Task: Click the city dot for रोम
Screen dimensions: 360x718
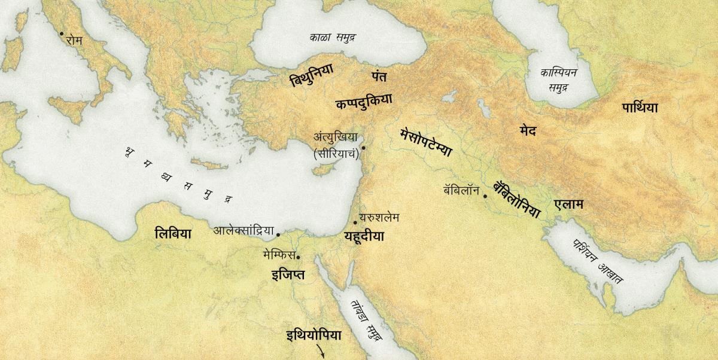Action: (x=61, y=33)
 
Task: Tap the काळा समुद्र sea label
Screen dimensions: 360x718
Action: (x=333, y=37)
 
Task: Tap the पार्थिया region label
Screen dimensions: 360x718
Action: (x=640, y=108)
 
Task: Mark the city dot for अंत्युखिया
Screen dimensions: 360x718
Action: (x=363, y=147)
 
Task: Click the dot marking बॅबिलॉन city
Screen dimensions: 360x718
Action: (x=485, y=194)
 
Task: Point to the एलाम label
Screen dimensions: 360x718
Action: (x=568, y=205)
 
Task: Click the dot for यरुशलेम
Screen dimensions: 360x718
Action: (x=355, y=222)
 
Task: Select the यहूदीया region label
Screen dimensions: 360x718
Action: (x=364, y=236)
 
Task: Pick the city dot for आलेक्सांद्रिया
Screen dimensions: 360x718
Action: (x=278, y=234)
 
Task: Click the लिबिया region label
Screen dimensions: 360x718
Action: (x=172, y=234)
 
